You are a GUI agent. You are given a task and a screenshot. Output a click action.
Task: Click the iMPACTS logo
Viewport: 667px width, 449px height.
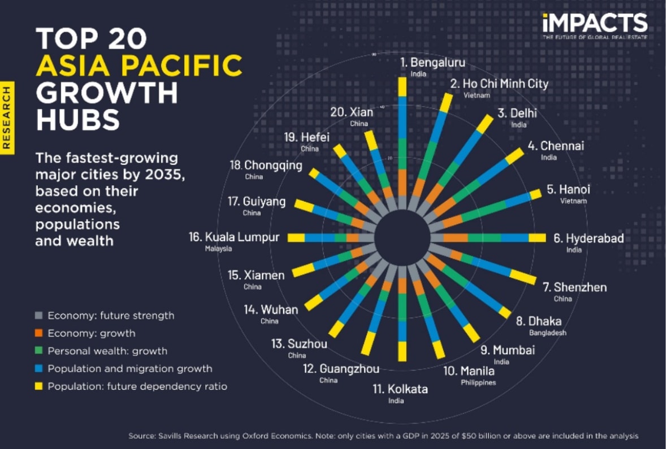point(594,24)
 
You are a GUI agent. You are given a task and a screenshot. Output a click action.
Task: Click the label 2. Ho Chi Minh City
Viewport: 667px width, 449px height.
point(499,84)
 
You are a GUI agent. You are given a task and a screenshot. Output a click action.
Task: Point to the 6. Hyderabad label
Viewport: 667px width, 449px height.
point(588,238)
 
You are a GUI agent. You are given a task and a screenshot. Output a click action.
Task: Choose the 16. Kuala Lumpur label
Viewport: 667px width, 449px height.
point(234,237)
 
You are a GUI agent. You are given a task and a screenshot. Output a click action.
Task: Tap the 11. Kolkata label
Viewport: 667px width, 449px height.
point(400,389)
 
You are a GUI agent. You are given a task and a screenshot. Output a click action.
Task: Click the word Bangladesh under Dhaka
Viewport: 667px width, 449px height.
point(547,333)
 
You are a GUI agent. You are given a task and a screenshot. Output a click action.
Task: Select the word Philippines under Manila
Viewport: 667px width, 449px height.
point(478,382)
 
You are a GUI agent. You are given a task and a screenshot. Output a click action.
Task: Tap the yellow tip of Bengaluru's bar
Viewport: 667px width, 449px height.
point(402,87)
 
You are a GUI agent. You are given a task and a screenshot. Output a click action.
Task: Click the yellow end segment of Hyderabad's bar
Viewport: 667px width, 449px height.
point(537,238)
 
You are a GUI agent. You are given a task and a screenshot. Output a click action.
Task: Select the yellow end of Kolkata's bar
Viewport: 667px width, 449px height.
point(402,351)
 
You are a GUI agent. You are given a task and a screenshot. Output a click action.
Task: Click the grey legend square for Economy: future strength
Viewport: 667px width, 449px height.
point(39,316)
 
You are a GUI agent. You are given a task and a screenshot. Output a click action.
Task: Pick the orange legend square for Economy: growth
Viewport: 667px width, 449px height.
point(39,333)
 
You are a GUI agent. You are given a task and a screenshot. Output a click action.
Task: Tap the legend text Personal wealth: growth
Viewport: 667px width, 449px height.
point(107,351)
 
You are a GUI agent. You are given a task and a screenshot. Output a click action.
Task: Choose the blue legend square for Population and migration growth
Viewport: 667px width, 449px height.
point(39,369)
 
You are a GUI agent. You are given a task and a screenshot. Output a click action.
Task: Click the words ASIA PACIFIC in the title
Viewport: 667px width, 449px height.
point(139,67)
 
